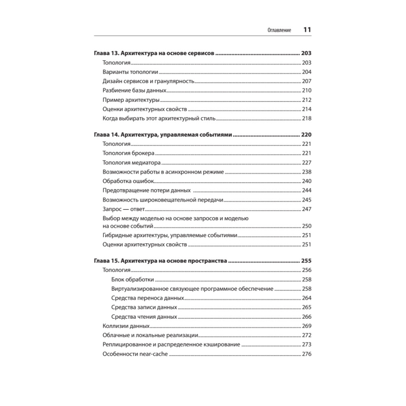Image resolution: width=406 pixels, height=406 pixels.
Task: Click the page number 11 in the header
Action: (307, 30)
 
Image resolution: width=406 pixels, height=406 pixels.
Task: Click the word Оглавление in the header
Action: (279, 30)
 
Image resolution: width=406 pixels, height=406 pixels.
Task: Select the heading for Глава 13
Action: (154, 53)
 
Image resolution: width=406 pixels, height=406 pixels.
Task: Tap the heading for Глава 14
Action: (163, 135)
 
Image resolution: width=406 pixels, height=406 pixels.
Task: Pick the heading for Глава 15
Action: (160, 261)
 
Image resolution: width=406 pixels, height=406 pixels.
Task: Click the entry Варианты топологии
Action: (130, 72)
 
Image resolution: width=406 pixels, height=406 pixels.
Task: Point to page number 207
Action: (307, 81)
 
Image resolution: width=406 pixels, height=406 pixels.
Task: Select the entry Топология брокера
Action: (128, 153)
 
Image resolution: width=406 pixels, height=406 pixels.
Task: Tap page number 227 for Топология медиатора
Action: (307, 163)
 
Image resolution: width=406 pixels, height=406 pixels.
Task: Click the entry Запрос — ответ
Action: (124, 209)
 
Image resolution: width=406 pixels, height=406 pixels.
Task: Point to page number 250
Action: (307, 226)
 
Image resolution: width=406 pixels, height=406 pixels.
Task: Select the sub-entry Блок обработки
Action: (132, 280)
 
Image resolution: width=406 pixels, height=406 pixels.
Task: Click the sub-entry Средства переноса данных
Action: (147, 298)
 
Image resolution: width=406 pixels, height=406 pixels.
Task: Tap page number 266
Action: (307, 317)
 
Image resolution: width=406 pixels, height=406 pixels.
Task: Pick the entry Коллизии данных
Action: (126, 326)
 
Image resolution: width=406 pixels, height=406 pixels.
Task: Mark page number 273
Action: (307, 345)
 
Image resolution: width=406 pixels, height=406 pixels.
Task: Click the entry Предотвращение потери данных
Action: (147, 190)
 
